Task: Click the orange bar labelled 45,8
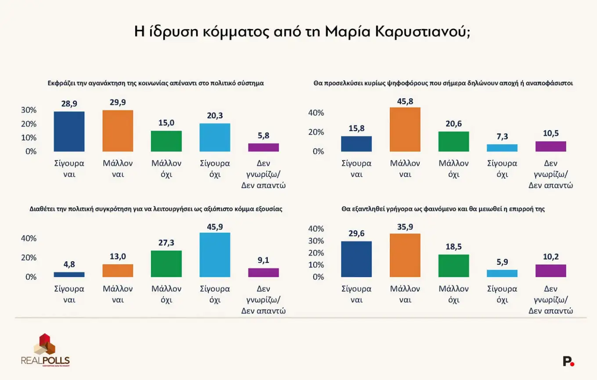coord(405,130)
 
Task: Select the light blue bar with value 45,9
coord(215,255)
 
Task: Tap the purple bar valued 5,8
coord(263,147)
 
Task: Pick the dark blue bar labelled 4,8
coord(69,275)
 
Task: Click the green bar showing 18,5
coord(453,266)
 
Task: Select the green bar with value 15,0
coord(166,141)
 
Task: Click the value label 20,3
coord(215,116)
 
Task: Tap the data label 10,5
coord(551,133)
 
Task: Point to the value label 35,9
coord(405,227)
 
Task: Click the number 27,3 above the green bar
coord(166,243)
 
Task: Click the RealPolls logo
coord(45,350)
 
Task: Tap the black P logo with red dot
coord(568,362)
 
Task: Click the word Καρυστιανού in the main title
coord(423,32)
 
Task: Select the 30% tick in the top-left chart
coord(29,110)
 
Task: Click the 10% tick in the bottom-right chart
coord(316,265)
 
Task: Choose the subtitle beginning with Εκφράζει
coord(156,83)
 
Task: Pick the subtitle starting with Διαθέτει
coord(156,209)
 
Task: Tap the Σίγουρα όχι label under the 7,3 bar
coord(502,169)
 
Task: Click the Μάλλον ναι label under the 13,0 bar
coord(118,295)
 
